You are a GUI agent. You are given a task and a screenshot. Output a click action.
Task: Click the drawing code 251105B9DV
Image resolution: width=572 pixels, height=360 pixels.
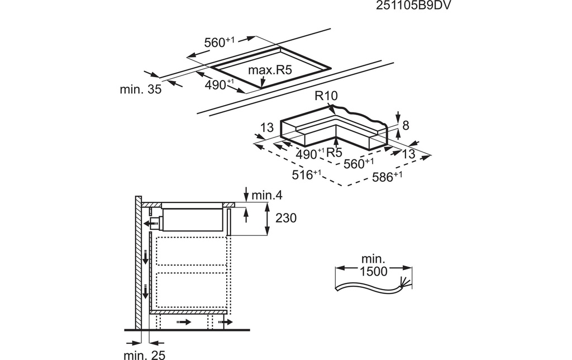coord(411,6)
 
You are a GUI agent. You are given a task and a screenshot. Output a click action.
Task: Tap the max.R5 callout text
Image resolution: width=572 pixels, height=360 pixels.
coord(270,70)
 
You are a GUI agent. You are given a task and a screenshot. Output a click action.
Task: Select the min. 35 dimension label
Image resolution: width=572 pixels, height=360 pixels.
coord(140,89)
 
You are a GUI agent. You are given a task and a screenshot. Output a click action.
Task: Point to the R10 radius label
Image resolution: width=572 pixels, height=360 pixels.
coord(326,96)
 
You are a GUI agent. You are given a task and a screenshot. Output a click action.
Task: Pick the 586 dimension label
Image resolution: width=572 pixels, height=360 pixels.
coord(387,177)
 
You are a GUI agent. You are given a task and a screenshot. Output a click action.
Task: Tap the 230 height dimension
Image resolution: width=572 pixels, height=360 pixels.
coord(285,218)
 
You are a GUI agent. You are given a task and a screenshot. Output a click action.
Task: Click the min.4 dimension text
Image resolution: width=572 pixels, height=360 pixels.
coord(267,196)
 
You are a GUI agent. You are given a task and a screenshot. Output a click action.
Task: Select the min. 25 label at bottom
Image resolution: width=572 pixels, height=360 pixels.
coord(145,355)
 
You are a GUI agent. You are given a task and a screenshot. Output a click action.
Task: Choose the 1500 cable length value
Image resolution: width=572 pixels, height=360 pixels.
coord(373,272)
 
